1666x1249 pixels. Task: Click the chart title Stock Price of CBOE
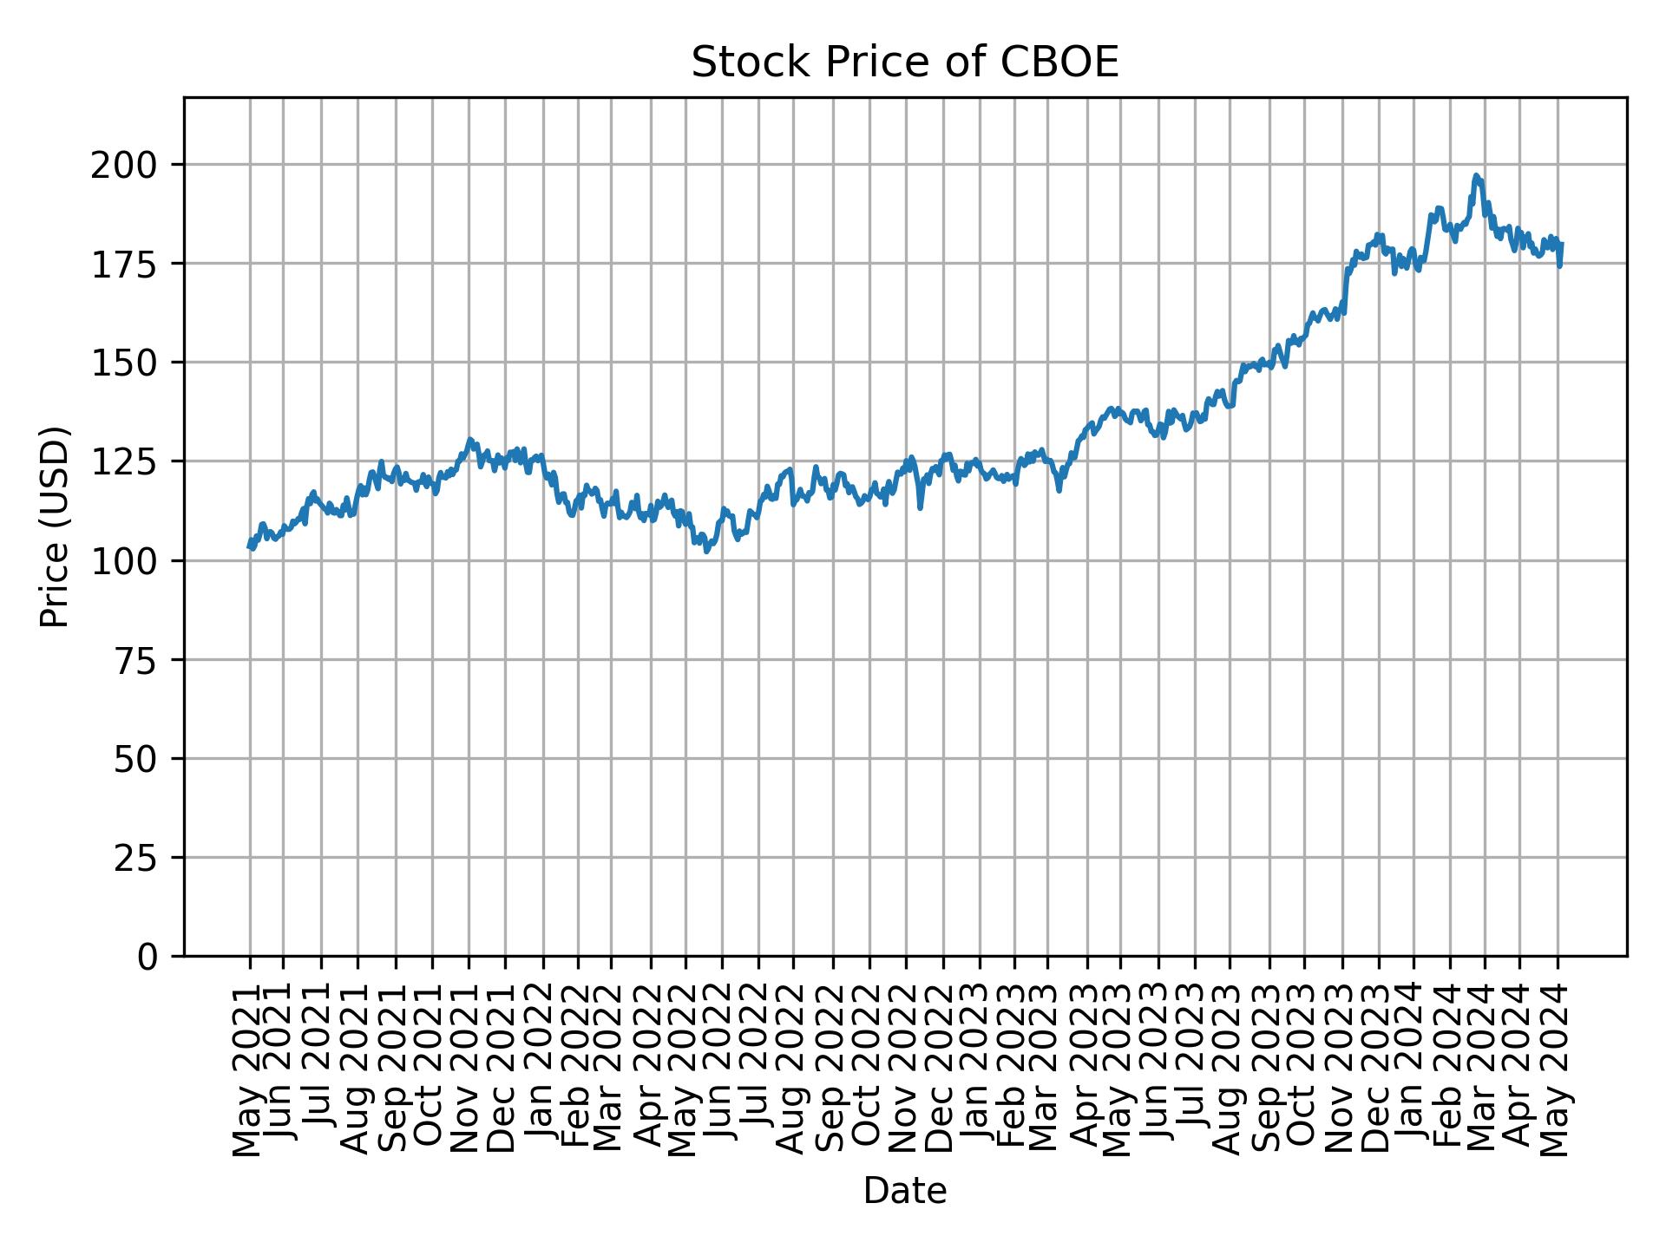click(904, 63)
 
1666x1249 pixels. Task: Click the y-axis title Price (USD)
click(55, 526)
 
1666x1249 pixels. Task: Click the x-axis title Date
click(904, 1191)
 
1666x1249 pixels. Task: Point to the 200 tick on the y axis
click(133, 165)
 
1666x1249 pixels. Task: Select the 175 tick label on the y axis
click(133, 264)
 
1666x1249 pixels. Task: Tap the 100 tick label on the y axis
click(133, 561)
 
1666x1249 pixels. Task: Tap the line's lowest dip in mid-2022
click(706, 551)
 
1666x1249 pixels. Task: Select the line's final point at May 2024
click(1561, 244)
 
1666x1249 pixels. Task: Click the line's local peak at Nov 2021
click(469, 440)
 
